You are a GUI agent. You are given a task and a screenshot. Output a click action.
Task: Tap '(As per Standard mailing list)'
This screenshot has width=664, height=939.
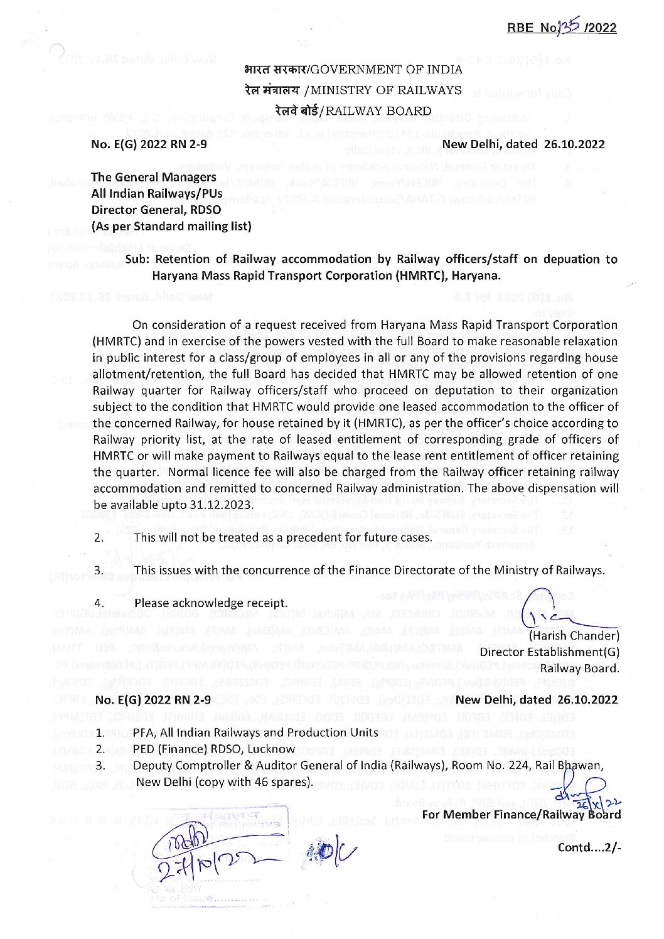pyautogui.click(x=171, y=225)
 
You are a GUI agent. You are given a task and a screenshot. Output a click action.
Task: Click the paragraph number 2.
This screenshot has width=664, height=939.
pyautogui.click(x=99, y=538)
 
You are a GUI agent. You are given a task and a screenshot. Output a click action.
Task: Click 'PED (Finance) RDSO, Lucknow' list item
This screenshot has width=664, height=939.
pyautogui.click(x=214, y=749)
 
